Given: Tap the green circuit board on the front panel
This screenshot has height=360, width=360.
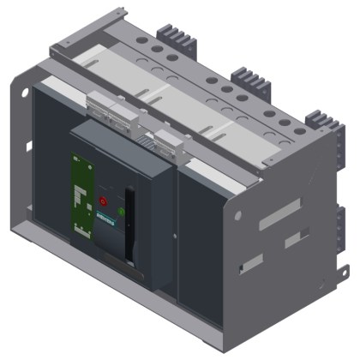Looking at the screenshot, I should pos(82,195).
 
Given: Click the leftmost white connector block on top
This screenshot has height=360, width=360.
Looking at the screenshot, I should pos(104,108).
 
